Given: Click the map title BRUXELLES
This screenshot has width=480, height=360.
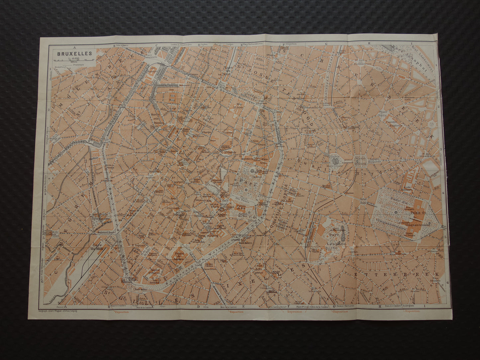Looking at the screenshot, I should point(72,53).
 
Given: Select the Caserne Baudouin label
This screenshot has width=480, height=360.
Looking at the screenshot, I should point(394,125).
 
